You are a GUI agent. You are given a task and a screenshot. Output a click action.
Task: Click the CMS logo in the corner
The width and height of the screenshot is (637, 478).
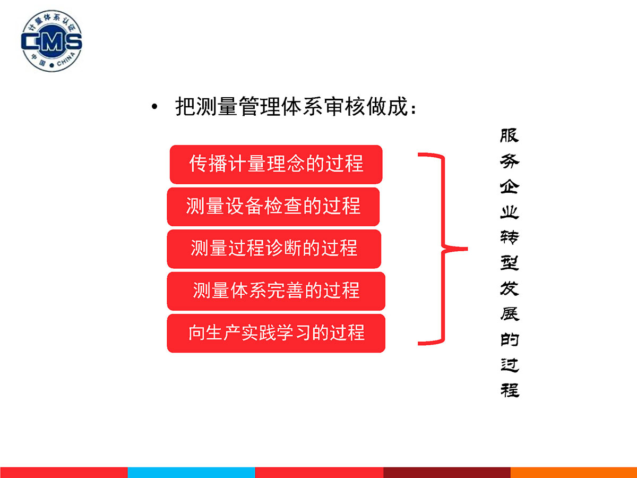[51, 41]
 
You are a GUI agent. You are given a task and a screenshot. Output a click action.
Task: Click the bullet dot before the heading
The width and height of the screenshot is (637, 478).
[154, 107]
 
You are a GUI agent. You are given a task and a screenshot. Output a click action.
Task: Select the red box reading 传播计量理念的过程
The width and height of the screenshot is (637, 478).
[276, 164]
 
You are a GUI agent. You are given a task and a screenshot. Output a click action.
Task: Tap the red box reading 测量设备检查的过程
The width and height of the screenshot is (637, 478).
[273, 207]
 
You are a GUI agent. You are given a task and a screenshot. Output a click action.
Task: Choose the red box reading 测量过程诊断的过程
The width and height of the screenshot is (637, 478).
[274, 249]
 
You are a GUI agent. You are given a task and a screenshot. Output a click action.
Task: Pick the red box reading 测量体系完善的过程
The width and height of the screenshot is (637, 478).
[276, 291]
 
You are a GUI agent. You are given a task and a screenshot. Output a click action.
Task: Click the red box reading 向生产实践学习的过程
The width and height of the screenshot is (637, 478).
[276, 333]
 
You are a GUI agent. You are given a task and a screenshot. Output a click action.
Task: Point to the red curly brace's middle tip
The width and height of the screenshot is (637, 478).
[467, 249]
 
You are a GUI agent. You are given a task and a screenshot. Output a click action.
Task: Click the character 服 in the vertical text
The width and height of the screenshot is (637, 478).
[509, 135]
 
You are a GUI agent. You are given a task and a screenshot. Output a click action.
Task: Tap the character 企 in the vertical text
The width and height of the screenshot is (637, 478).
[509, 186]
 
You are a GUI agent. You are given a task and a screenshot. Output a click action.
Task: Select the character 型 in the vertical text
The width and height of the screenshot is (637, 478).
[509, 263]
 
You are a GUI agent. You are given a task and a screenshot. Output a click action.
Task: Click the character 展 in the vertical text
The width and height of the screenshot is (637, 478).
[510, 314]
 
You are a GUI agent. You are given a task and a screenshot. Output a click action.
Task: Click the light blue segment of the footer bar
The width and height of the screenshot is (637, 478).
[191, 473]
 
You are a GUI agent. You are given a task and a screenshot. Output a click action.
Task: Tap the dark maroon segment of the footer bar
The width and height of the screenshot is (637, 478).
[447, 473]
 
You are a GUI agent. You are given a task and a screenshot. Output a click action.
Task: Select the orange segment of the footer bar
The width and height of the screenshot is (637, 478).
[574, 473]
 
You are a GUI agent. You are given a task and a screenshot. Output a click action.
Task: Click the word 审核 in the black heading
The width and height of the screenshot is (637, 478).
[345, 107]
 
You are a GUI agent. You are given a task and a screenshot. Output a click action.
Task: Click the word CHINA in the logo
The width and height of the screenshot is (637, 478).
[66, 59]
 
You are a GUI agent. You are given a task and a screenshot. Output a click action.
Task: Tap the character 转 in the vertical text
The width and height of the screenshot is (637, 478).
[509, 237]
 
